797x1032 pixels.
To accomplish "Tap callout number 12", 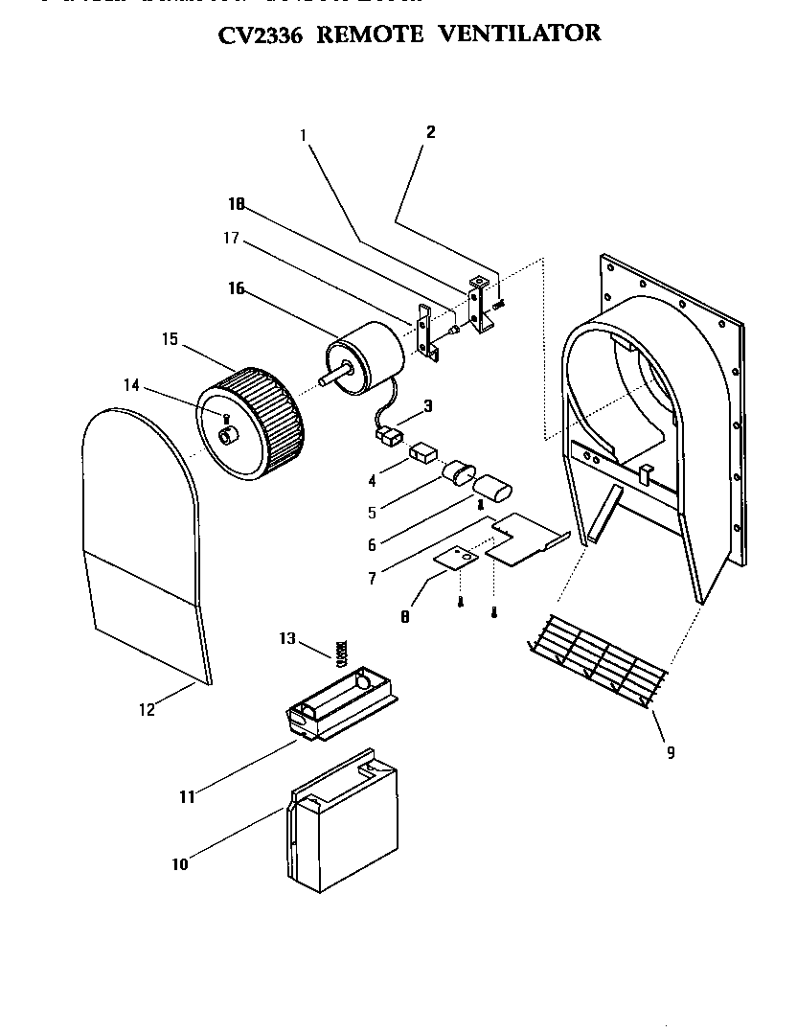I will click(146, 710).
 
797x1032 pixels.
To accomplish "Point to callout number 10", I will click(180, 864).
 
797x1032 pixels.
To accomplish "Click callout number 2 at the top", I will click(430, 132).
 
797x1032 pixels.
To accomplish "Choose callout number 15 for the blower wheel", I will click(171, 339).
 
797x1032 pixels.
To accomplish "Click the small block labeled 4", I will click(421, 451).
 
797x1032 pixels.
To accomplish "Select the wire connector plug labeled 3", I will click(387, 437).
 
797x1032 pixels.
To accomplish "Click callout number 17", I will click(232, 238).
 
